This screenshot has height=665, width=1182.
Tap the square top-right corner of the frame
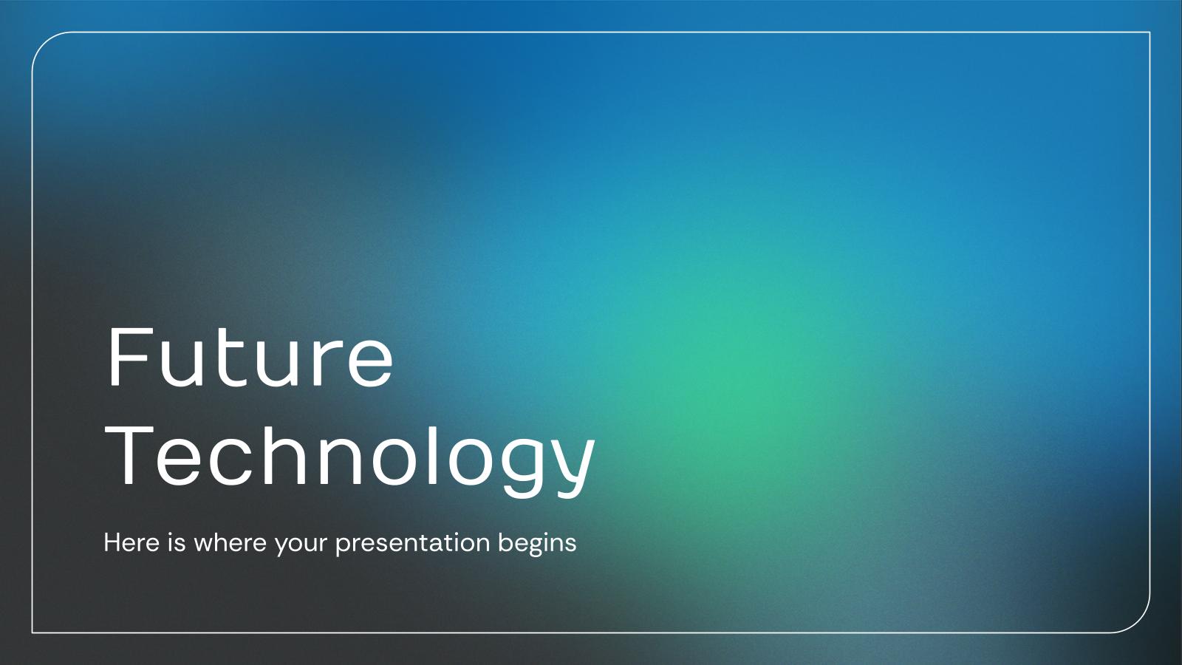tap(1149, 33)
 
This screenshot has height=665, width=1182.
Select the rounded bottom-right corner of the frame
tap(1140, 624)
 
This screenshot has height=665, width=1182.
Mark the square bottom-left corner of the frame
tap(33, 632)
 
